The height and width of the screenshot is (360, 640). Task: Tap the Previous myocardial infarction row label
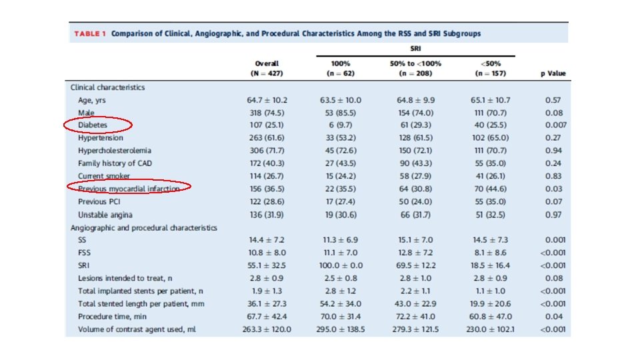(129, 189)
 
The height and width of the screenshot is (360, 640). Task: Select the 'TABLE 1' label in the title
(89, 33)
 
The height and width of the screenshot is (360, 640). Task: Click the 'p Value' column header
(553, 73)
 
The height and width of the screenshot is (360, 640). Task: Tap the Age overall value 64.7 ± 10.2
(267, 100)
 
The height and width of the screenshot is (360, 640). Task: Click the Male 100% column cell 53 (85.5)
(340, 113)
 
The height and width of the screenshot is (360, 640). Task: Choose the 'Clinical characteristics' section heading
(108, 87)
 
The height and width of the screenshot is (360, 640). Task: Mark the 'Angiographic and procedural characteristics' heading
(144, 227)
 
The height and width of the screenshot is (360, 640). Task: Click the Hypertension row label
(101, 138)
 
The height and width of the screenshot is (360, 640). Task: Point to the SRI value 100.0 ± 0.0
(340, 265)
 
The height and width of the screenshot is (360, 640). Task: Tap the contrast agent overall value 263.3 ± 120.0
(267, 329)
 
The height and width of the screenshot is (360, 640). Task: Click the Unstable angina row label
(105, 215)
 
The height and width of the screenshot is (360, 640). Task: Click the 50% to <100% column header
(415, 68)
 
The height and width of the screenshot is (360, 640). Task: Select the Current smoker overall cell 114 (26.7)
(267, 176)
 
